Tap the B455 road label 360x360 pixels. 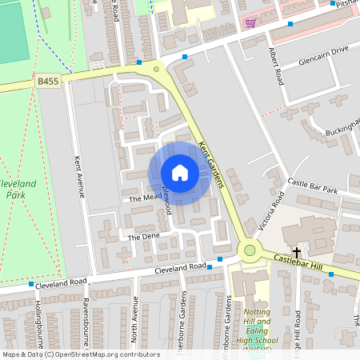pyautogui.click(x=47, y=81)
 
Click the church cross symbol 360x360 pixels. pyautogui.click(x=296, y=252)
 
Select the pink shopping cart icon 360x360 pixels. pyautogui.click(x=250, y=23)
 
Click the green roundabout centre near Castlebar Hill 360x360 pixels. pyautogui.click(x=250, y=251)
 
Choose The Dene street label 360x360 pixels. pyautogui.click(x=139, y=237)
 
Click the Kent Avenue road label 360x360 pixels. pyautogui.click(x=78, y=175)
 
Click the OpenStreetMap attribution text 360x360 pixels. pyautogui.click(x=81, y=354)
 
